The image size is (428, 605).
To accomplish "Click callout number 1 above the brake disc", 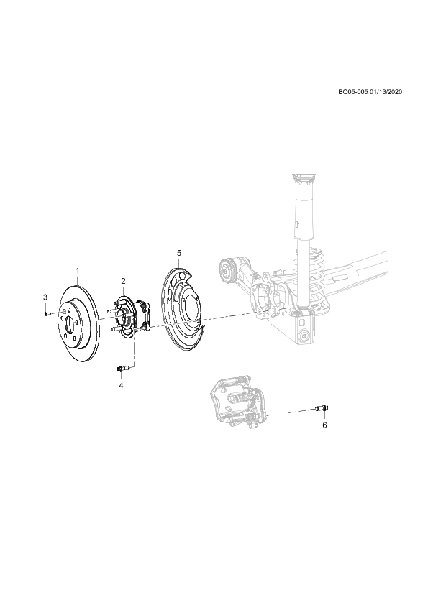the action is pos(77,270).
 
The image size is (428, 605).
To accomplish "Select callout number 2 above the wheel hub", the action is pos(123,280).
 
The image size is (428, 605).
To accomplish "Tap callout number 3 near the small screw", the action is pos(45,297).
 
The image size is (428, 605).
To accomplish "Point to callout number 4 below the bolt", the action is pos(121,385).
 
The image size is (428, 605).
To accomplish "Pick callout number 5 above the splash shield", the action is pos(179,253).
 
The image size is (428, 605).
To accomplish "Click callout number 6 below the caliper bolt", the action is pos(324,425).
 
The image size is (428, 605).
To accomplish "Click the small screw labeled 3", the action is pos(46,314).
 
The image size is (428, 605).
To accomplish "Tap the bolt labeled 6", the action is pos(322,408).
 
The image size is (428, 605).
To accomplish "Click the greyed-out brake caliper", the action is pos(237,402).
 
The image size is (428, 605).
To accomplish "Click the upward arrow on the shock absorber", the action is pos(296,223).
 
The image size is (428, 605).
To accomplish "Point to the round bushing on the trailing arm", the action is pos(225,269).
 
